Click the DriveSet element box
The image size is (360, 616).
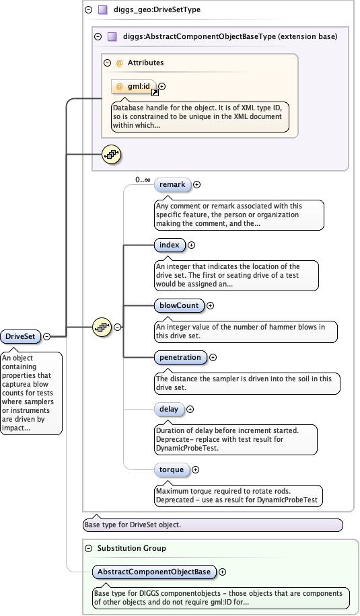[x=21, y=336]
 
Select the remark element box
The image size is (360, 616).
[x=172, y=184]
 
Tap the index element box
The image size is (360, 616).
[x=170, y=245]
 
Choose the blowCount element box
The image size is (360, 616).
[x=179, y=305]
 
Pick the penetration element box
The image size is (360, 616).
[x=180, y=357]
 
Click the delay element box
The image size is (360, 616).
[x=168, y=409]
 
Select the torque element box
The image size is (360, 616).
[x=171, y=469]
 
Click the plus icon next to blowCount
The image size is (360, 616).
[x=210, y=305]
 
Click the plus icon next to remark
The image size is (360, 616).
[x=196, y=184]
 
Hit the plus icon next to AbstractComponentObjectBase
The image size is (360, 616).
[x=222, y=572]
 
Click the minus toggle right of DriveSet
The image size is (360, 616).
[x=47, y=336]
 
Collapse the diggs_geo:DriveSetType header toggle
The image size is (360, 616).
[x=89, y=10]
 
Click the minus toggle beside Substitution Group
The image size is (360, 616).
[x=89, y=548]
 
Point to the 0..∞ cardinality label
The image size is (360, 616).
[x=142, y=180]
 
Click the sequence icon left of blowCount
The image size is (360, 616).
[x=101, y=327]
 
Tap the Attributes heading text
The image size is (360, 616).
[x=145, y=63]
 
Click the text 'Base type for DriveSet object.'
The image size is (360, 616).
[x=131, y=525]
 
